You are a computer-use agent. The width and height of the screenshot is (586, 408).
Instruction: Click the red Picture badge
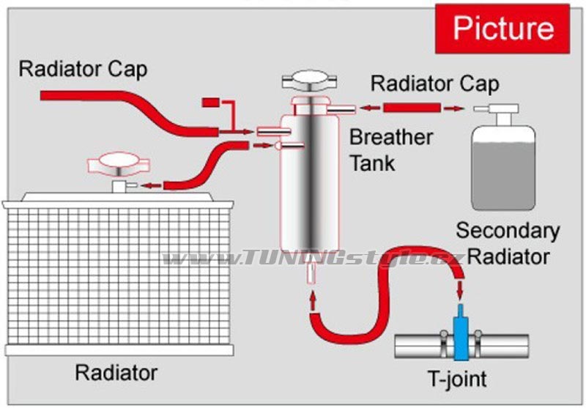[x=502, y=29]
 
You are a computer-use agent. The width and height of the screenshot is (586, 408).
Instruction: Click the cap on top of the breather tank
[x=309, y=81]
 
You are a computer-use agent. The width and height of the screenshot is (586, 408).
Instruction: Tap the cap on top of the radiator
[x=119, y=164]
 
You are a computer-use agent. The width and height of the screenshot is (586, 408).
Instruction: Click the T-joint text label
[x=457, y=379]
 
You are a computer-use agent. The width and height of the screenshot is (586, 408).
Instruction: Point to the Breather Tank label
[x=391, y=150]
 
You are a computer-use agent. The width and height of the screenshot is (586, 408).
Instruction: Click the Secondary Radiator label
[x=508, y=243]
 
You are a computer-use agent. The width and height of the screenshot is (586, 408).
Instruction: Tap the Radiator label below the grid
[x=116, y=373]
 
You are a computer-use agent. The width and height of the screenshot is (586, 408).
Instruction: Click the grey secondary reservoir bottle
[x=503, y=168]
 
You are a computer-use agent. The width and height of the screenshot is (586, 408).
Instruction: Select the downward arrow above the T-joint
[x=460, y=290]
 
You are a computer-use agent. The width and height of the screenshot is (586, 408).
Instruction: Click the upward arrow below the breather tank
[x=314, y=301]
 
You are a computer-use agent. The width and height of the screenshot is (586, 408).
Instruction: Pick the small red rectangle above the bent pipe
[x=211, y=103]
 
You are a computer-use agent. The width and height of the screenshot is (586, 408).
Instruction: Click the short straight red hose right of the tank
[x=412, y=108]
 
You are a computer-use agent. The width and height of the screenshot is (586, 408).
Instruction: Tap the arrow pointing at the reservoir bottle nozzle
[x=454, y=108]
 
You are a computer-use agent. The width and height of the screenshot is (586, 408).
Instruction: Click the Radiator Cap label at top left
[x=83, y=70]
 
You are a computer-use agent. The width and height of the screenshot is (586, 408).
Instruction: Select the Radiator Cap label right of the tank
[x=434, y=84]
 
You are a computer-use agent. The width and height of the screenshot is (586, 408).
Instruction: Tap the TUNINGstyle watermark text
[x=313, y=258]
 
